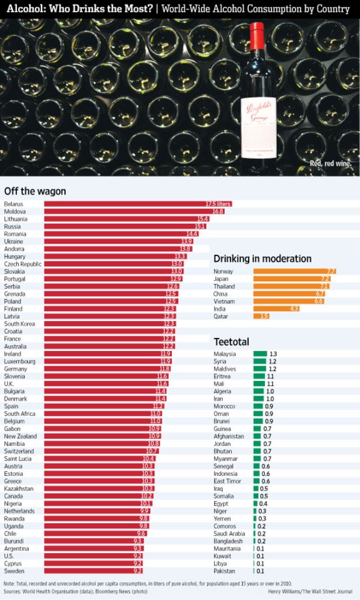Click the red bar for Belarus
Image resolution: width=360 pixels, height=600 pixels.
click(138, 204)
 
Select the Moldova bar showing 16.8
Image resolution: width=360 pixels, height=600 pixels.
click(134, 212)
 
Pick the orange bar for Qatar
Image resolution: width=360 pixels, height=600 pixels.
click(261, 316)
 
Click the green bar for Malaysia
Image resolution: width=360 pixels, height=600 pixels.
click(260, 354)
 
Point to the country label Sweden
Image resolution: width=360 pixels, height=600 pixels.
click(14, 571)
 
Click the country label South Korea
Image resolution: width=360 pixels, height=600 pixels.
click(19, 324)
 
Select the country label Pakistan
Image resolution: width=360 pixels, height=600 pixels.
click(225, 571)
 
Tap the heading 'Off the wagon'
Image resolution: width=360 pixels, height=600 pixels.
click(35, 191)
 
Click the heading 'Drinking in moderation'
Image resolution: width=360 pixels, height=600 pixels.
click(262, 258)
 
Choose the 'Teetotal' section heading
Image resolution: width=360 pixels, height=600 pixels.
click(232, 342)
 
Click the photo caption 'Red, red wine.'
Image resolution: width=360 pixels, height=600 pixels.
click(330, 163)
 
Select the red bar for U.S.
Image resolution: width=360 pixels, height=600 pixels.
click(94, 555)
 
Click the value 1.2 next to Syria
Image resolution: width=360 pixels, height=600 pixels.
click(272, 362)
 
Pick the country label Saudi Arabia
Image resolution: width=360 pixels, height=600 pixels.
click(229, 534)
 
